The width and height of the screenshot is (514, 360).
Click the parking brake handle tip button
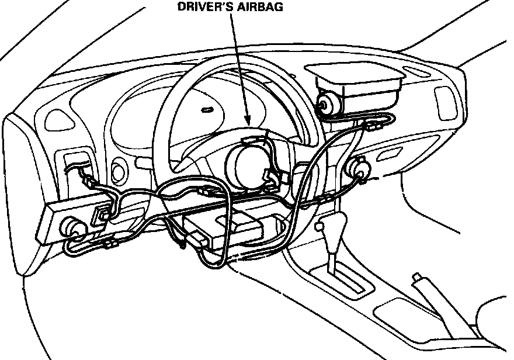coord(416,276)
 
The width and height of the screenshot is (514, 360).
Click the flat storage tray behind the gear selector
coord(394,313)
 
